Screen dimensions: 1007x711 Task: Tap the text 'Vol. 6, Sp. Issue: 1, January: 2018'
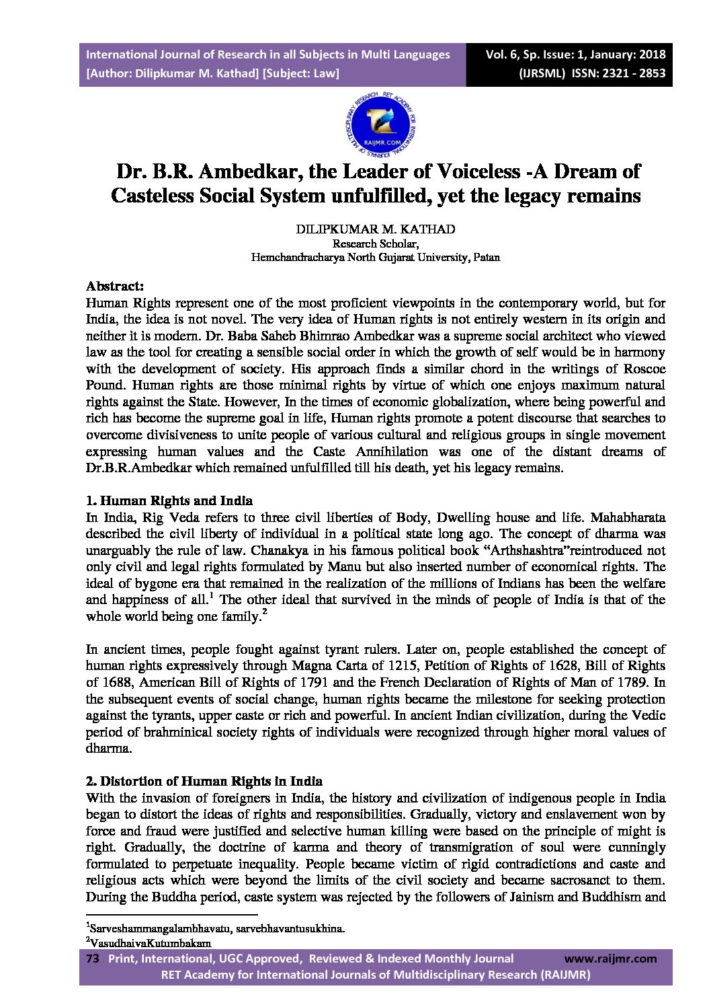coord(575,54)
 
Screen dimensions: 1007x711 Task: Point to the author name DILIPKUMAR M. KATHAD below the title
coord(375,229)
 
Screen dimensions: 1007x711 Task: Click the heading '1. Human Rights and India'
coord(169,500)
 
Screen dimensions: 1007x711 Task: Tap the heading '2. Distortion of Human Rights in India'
coord(204,781)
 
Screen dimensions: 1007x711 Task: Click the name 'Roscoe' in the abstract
coord(644,369)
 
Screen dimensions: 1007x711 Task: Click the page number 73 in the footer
coord(93,959)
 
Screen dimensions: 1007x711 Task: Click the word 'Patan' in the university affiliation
coord(486,257)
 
